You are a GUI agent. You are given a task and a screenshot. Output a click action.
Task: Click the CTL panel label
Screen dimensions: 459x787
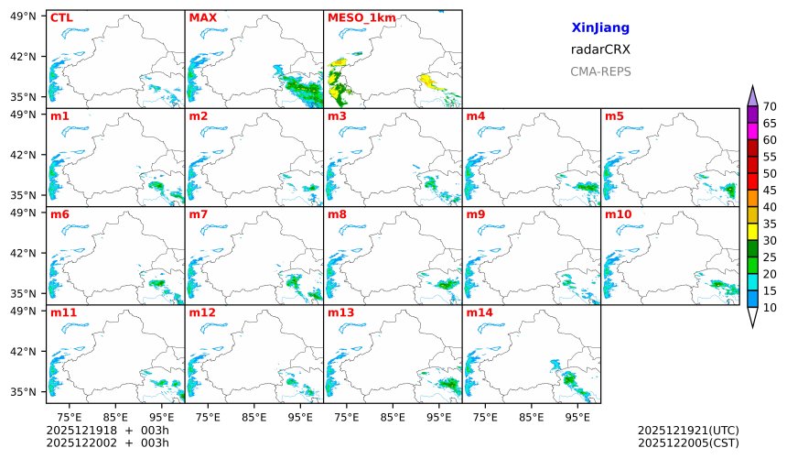pyautogui.click(x=60, y=17)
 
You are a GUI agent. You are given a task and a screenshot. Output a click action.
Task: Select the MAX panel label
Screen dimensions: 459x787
pyautogui.click(x=202, y=17)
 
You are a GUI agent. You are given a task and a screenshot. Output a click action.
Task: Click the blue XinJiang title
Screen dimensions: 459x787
pyautogui.click(x=600, y=28)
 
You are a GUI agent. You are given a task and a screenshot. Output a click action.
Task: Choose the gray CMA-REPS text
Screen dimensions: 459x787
pyautogui.click(x=600, y=71)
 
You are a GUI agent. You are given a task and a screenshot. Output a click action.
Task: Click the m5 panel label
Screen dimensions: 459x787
pyautogui.click(x=614, y=116)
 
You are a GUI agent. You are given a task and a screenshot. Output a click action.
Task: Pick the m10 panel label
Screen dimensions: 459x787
pyautogui.click(x=618, y=214)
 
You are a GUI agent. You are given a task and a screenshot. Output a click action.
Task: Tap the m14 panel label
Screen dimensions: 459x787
pyautogui.click(x=479, y=312)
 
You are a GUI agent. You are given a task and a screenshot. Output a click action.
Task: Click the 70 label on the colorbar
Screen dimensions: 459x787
pyautogui.click(x=770, y=106)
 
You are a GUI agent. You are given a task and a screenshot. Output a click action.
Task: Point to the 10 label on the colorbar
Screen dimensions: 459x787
pyautogui.click(x=770, y=308)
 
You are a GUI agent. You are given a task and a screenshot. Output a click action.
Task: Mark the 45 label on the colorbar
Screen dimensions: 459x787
pyautogui.click(x=770, y=191)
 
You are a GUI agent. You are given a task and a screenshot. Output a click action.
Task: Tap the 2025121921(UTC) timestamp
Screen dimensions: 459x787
pyautogui.click(x=687, y=430)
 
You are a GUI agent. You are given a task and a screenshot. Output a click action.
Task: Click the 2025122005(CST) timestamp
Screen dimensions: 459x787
pyautogui.click(x=687, y=443)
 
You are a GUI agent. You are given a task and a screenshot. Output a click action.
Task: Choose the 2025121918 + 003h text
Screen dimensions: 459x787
pyautogui.click(x=100, y=430)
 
